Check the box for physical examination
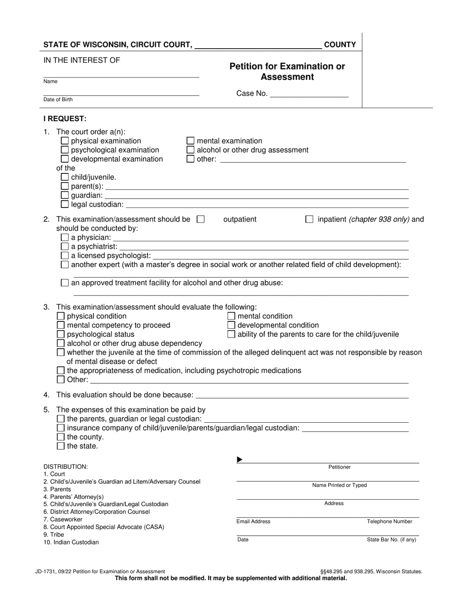65,141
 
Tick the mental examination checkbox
191,141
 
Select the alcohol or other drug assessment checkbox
191,150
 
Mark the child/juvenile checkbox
65,177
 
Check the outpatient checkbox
200,220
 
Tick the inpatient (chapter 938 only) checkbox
309,220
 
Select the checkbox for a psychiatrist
65,246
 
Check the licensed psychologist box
65,256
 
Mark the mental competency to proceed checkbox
61,325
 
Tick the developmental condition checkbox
231,325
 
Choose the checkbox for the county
61,437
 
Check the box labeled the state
61,446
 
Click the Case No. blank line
309,94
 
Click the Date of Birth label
58,99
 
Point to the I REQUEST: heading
65,118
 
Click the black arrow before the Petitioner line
239,460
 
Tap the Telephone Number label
389,522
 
